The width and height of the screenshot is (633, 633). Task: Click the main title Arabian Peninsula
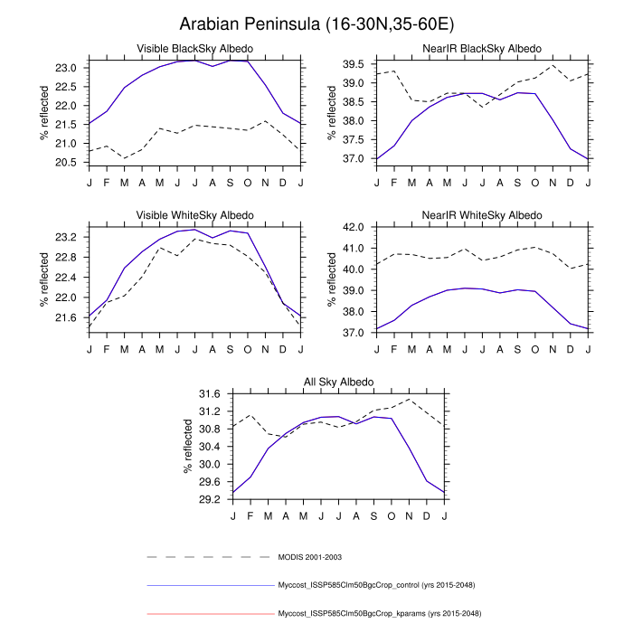(x=316, y=24)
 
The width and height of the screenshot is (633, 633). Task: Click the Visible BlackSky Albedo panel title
(x=194, y=47)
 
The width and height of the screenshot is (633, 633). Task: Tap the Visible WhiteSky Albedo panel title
(x=194, y=215)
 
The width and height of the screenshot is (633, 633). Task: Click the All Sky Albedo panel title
(x=338, y=383)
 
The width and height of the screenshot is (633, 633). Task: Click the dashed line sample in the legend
(x=208, y=557)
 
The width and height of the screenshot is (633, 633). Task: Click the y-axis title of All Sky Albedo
(x=188, y=447)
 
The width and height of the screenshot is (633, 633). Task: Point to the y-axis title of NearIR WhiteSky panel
(x=332, y=279)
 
